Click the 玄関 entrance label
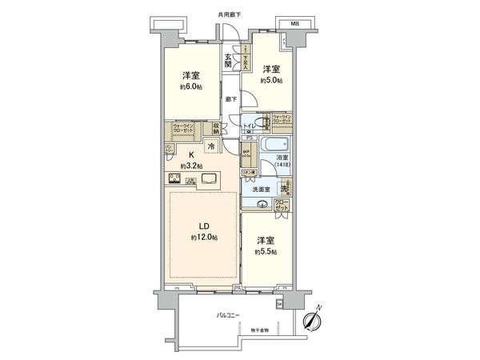pyautogui.click(x=228, y=60)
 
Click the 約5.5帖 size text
pyautogui.click(x=267, y=251)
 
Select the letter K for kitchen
pyautogui.click(x=191, y=155)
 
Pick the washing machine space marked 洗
pyautogui.click(x=284, y=189)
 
